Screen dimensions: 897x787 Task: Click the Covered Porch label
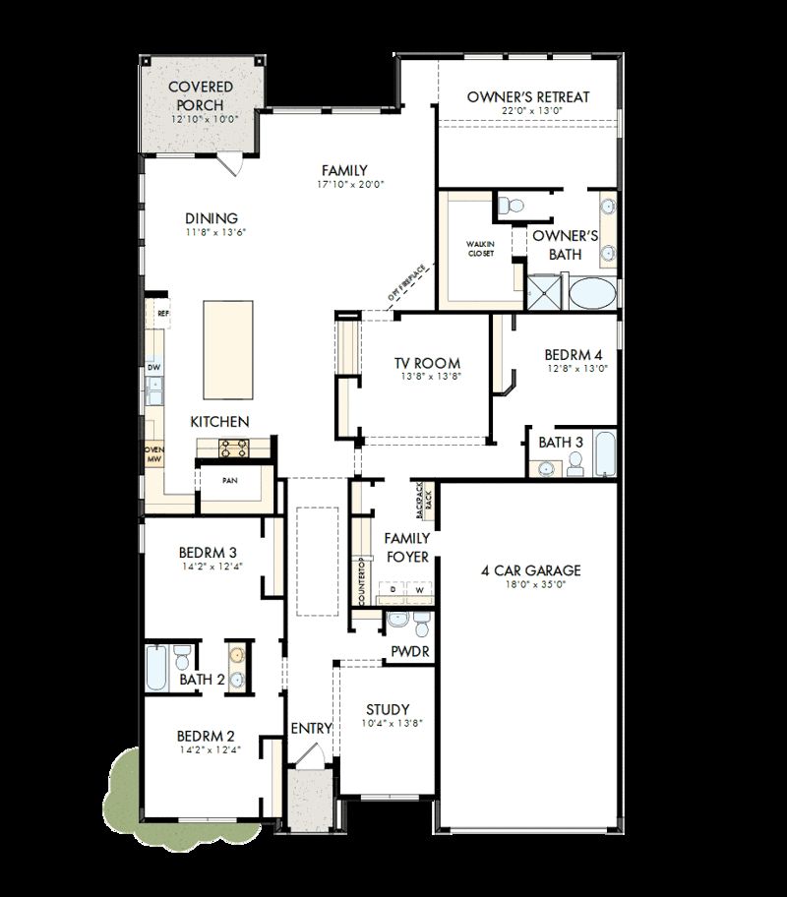(x=201, y=95)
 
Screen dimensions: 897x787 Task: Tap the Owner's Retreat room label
(x=528, y=96)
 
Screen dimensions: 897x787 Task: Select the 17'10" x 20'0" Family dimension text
(x=343, y=184)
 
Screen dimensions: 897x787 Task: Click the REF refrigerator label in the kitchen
(x=163, y=314)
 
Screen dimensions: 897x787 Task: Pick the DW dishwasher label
(x=153, y=368)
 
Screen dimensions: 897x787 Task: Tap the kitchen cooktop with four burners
(x=233, y=449)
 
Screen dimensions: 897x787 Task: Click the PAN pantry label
(x=228, y=481)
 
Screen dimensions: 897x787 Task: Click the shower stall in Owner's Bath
(x=540, y=292)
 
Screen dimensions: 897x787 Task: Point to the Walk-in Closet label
(x=481, y=248)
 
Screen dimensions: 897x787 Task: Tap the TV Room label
(x=427, y=363)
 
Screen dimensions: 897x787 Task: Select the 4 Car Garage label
(x=530, y=570)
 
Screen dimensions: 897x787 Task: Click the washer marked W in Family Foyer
(x=420, y=588)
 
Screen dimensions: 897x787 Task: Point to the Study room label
(x=387, y=709)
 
